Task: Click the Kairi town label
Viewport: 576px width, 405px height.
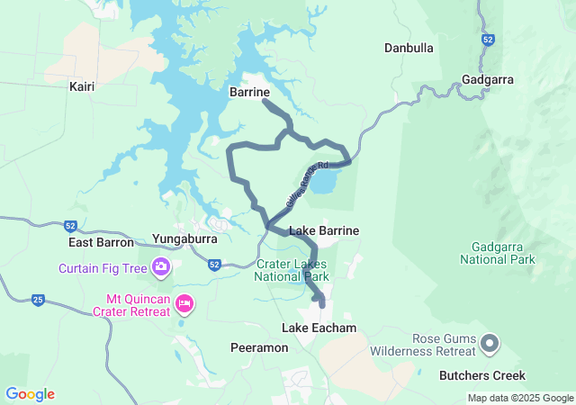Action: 82,86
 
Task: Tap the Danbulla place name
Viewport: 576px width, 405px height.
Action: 409,48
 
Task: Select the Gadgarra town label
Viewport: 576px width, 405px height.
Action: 487,79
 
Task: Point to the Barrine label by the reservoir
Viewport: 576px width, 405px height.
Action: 249,92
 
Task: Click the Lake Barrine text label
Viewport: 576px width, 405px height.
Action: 324,230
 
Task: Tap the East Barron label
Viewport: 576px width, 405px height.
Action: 101,242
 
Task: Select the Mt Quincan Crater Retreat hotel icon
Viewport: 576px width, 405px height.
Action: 184,303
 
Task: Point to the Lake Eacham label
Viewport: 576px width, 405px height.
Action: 319,328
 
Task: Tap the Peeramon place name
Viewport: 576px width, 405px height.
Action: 259,347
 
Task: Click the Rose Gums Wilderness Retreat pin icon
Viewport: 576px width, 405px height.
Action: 490,342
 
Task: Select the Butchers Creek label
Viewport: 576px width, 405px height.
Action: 481,374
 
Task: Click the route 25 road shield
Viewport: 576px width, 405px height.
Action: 38,299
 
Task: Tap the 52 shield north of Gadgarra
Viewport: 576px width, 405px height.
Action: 487,40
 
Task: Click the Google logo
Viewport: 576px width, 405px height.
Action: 30,393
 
